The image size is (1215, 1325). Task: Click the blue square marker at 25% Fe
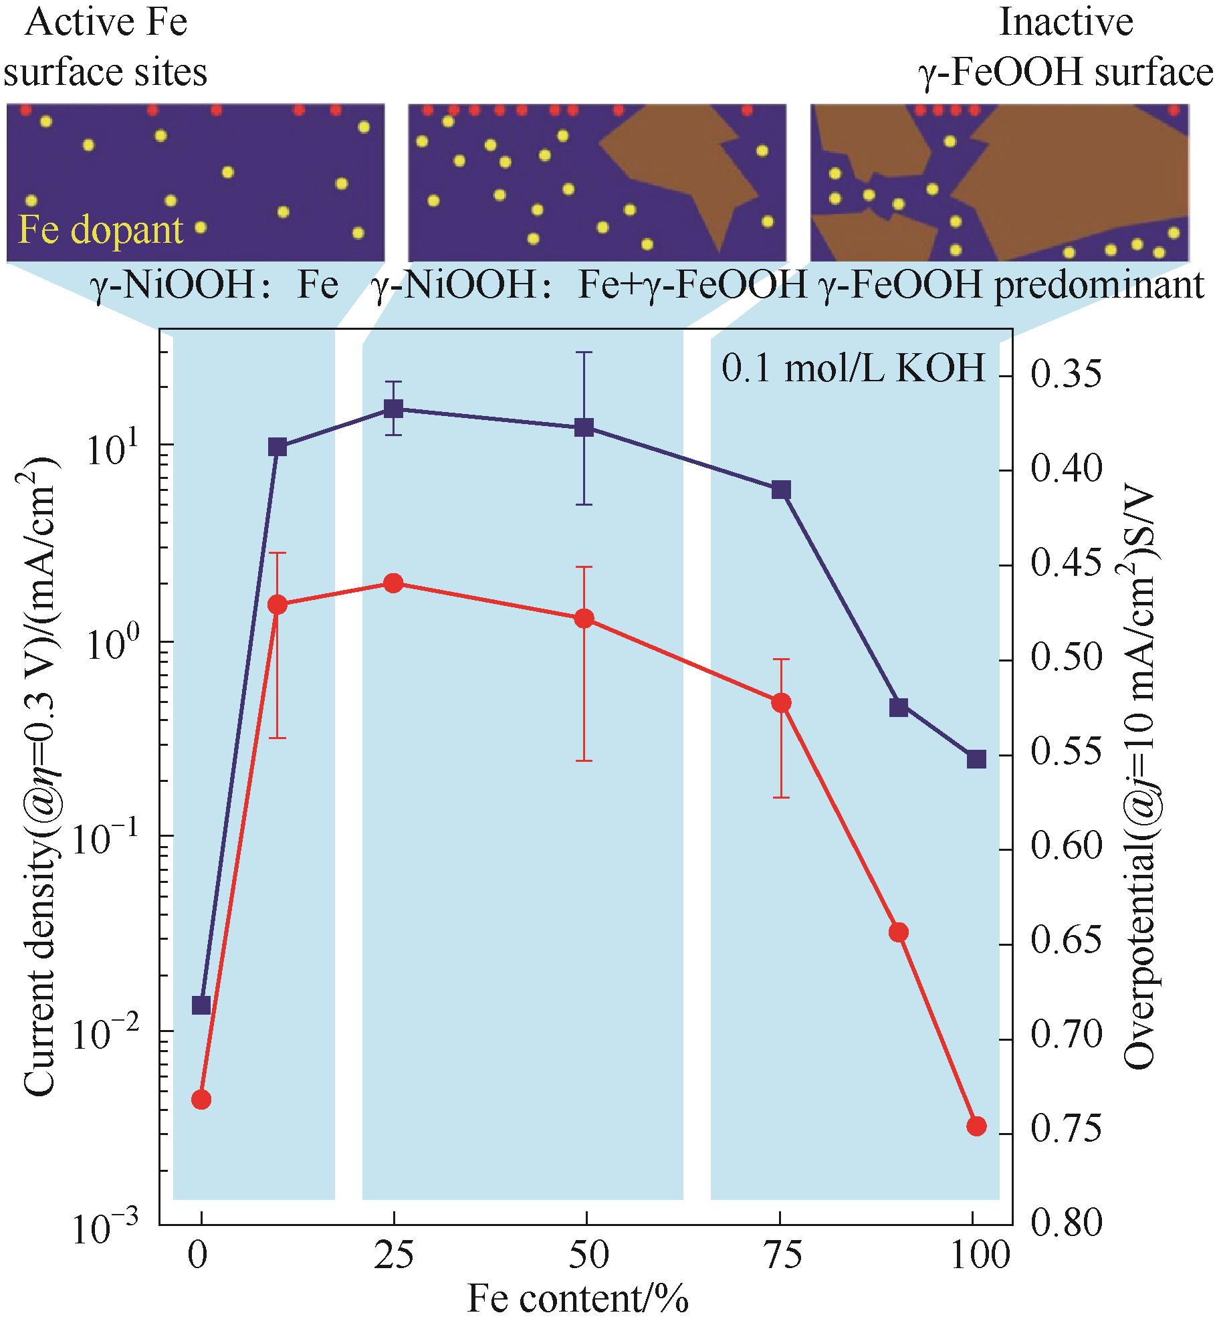point(393,409)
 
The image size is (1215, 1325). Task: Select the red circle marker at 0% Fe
point(201,1099)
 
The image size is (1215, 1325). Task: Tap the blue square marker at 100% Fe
point(976,759)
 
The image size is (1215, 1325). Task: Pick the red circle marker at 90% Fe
point(899,932)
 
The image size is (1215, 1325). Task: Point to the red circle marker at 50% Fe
point(584,618)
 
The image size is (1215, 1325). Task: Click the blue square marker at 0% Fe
point(201,1005)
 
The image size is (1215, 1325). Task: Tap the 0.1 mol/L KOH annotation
point(854,369)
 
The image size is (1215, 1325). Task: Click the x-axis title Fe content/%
point(576,1300)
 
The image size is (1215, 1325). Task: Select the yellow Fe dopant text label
point(100,229)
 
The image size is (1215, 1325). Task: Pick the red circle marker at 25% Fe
point(393,583)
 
